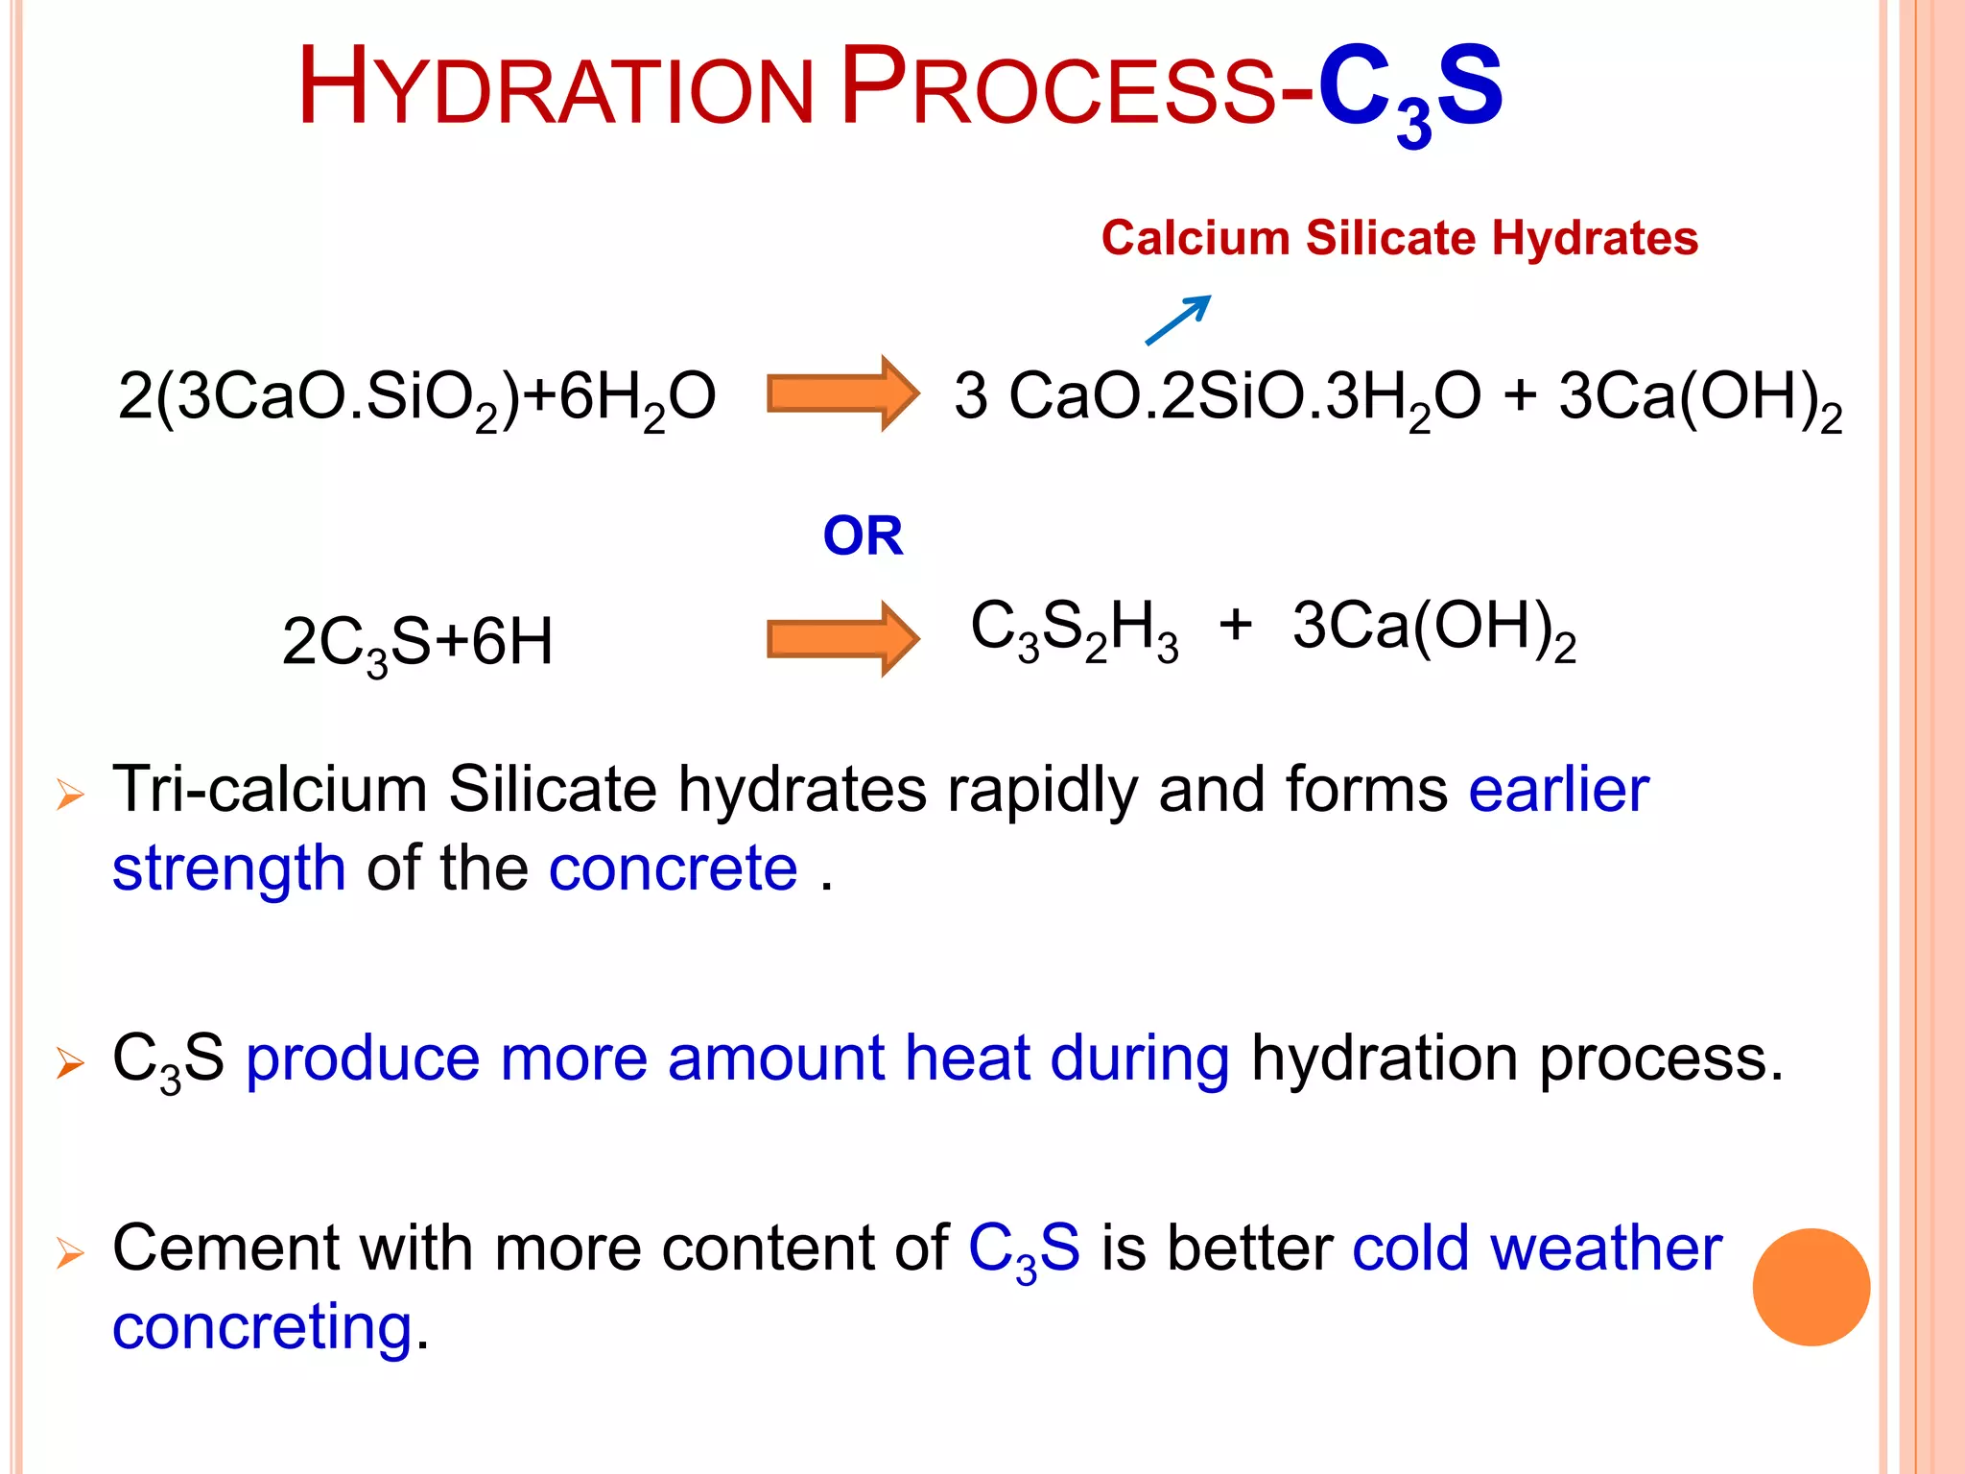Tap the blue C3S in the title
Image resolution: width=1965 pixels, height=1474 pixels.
tap(1410, 92)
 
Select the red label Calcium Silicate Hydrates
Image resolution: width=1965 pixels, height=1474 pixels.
tap(1399, 238)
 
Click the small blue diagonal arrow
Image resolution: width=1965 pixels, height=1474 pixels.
tap(1178, 320)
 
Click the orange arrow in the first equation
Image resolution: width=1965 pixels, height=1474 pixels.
tap(842, 393)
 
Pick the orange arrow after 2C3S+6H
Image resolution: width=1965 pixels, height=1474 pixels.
tap(842, 639)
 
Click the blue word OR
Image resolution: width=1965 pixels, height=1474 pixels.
tap(863, 535)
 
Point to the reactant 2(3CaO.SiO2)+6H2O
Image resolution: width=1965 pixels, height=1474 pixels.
tap(416, 397)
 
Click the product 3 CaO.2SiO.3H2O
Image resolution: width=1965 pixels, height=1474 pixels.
tap(1217, 397)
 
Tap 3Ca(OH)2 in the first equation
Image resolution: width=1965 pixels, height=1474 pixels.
tap(1699, 397)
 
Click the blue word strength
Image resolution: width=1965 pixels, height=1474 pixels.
tap(228, 869)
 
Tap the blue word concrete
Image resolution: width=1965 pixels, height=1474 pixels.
tap(673, 869)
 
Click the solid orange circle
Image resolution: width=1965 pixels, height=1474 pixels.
tap(1811, 1287)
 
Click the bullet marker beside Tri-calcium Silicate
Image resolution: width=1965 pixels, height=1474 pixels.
tap(70, 794)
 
